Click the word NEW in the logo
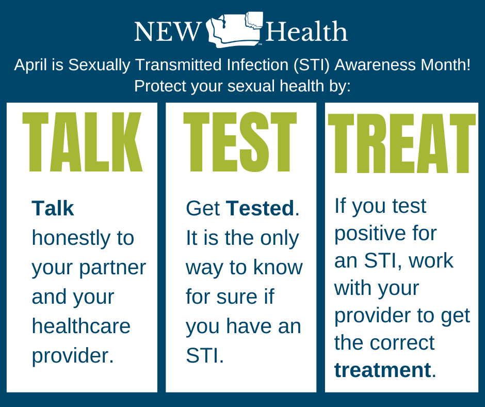tap(167, 32)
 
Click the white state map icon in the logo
tap(235, 30)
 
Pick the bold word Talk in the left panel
tap(53, 209)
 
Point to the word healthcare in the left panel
tap(81, 326)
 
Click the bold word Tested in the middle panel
tap(260, 209)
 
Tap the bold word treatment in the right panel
tap(382, 370)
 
